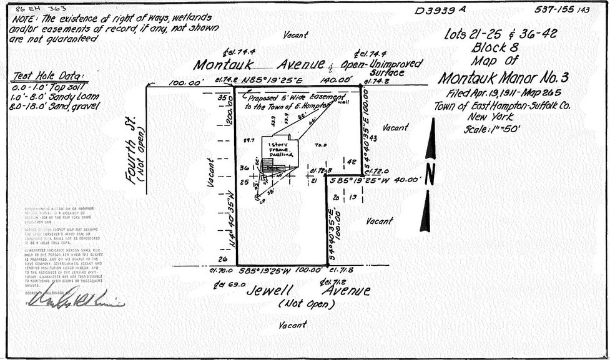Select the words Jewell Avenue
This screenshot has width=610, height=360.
307,290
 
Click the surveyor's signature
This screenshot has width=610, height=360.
75,298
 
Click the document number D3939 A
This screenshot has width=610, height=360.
440,10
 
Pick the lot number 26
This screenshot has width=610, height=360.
223,260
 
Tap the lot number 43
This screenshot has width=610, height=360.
373,137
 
